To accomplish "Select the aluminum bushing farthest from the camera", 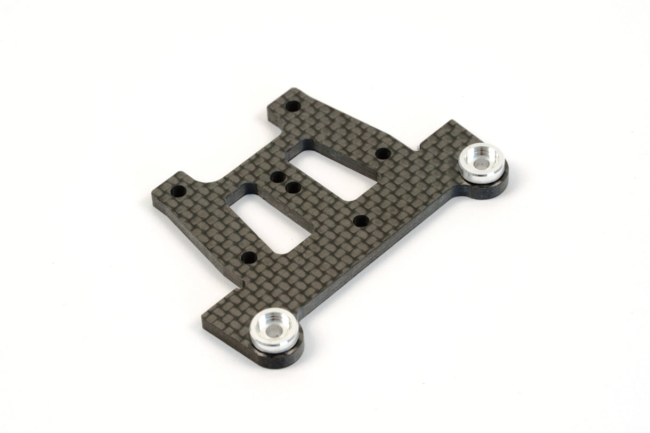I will [x=482, y=162].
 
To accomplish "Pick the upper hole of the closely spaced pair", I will [x=277, y=178].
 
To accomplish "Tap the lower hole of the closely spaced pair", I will [x=292, y=187].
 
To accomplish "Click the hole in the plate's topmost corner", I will [x=292, y=106].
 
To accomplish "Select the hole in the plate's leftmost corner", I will [x=181, y=191].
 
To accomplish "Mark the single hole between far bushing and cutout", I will [x=382, y=154].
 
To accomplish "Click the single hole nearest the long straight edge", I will [x=360, y=220].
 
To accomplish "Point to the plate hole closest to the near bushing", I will [x=248, y=258].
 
